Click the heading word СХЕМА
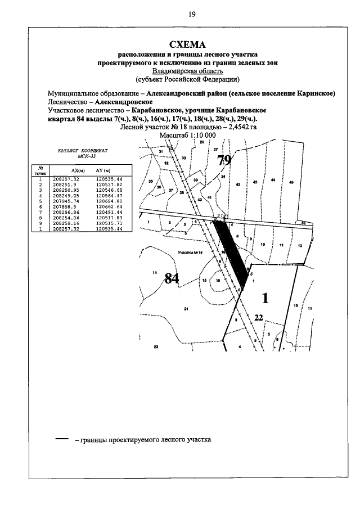click(x=188, y=44)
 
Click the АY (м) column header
click(x=102, y=169)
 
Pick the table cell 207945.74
click(x=66, y=201)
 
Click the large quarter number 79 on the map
click(x=224, y=160)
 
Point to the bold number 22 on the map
click(x=258, y=318)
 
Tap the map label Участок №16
click(x=189, y=253)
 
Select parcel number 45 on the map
click(x=291, y=182)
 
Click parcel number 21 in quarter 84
click(x=186, y=309)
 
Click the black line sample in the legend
click(x=61, y=439)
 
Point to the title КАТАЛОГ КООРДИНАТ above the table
click(x=78, y=152)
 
